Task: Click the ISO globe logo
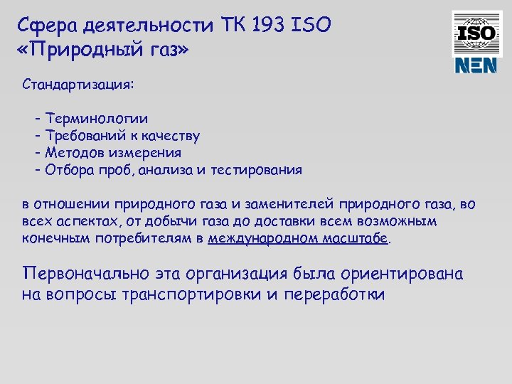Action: [476, 32]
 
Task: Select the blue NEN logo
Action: [476, 66]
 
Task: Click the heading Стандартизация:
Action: [78, 85]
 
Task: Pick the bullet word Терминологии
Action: [97, 118]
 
